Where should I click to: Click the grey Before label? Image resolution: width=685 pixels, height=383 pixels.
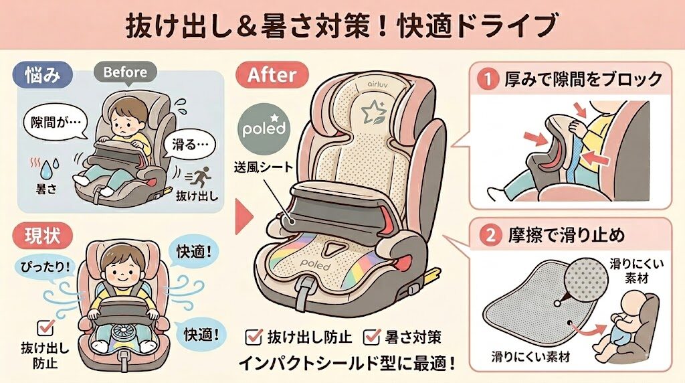125,72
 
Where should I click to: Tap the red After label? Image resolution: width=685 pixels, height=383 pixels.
272,75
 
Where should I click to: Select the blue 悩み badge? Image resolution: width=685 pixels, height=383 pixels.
42,75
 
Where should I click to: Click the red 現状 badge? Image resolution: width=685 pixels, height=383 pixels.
42,236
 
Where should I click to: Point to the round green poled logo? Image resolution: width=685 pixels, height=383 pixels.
264,129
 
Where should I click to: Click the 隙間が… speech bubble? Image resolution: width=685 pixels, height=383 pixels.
55,122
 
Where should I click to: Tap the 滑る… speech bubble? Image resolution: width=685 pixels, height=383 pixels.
189,145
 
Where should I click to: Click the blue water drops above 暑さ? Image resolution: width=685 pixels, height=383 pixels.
50,169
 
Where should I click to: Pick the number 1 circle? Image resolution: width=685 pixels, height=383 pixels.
488,80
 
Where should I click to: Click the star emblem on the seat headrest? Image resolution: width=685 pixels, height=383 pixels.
373,112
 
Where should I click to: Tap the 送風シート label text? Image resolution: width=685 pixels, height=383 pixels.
264,167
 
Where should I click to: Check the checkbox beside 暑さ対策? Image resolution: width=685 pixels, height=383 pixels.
371,337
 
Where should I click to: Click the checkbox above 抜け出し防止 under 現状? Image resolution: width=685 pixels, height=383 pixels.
45,327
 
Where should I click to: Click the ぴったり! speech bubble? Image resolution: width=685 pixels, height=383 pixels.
45,267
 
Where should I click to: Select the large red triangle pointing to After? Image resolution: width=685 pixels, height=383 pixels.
243,218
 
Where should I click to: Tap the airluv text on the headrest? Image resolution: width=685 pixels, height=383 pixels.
376,84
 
